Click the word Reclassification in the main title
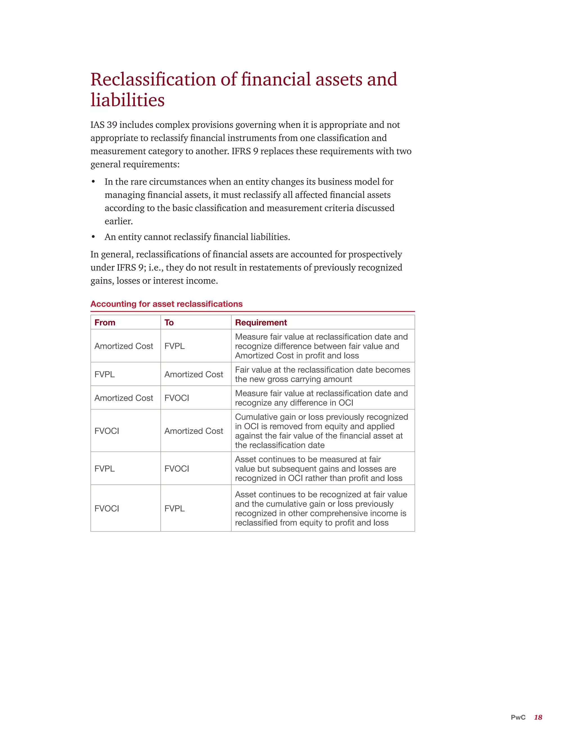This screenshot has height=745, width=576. click(x=153, y=79)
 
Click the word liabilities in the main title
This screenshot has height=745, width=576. click(x=128, y=100)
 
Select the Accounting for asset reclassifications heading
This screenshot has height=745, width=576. click(x=166, y=304)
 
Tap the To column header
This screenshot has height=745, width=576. click(x=169, y=322)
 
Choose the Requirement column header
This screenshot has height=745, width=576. click(x=261, y=322)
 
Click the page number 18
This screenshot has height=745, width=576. click(x=538, y=717)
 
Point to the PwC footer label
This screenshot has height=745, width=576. click(x=518, y=717)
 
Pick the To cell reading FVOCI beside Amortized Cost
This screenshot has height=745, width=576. click(x=176, y=398)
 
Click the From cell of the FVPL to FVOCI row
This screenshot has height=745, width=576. click(x=104, y=468)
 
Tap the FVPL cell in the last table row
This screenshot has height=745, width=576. click(x=174, y=508)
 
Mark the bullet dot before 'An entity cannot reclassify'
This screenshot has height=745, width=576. click(x=93, y=237)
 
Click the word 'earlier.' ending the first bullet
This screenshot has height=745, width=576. click(x=118, y=221)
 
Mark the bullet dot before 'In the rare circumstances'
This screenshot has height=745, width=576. click(x=93, y=182)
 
